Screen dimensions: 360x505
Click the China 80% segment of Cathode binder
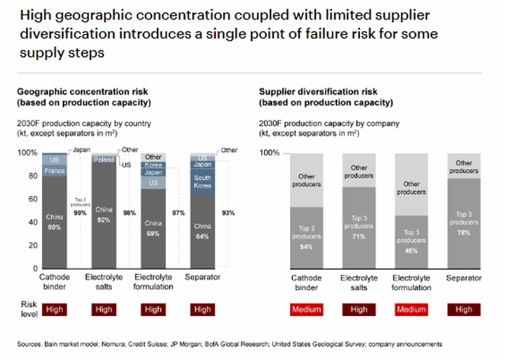pos(53,220)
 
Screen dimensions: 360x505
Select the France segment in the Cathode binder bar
pos(53,171)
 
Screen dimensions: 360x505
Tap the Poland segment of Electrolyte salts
pos(103,159)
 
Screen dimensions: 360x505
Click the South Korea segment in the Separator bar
pos(203,182)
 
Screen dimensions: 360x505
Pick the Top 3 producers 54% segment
pos(306,238)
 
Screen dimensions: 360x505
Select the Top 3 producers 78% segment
pos(464,224)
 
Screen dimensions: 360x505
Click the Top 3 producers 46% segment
pos(411,242)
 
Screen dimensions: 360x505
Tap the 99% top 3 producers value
pos(79,213)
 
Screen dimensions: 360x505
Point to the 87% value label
pos(177,213)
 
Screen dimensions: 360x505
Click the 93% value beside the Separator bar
pos(229,213)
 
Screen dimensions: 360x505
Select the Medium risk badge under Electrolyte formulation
pos(411,309)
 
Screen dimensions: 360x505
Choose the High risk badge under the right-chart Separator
pos(464,309)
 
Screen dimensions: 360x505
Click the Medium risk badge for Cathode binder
pos(306,309)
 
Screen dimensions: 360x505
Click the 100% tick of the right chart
pos(268,153)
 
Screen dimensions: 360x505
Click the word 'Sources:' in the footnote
pos(31,343)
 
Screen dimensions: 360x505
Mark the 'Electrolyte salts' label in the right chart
pos(359,282)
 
